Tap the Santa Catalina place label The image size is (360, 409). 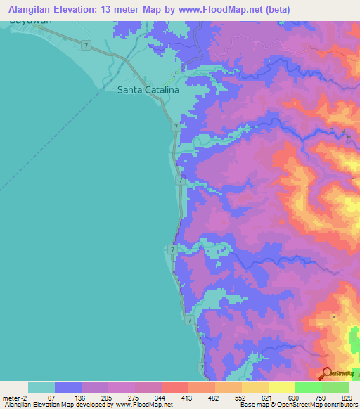tap(148, 90)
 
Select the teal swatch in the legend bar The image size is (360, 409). tap(41, 387)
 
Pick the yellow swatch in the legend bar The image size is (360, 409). tap(281, 387)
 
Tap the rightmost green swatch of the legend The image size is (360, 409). tap(335, 387)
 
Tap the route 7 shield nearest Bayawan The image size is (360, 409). tap(85, 45)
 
